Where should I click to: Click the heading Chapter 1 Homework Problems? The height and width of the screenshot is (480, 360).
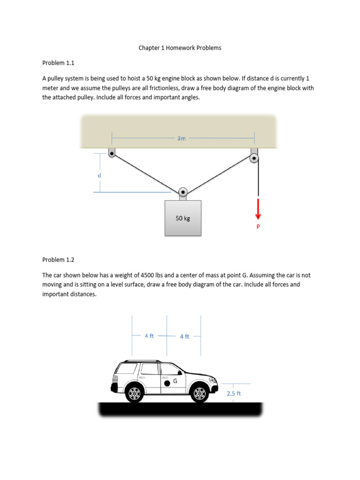(x=180, y=48)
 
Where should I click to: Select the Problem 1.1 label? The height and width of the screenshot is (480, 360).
(x=59, y=62)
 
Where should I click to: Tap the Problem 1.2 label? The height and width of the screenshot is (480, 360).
(x=59, y=259)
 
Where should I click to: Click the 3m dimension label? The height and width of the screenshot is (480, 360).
(x=181, y=138)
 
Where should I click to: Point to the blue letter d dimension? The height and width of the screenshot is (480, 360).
(x=99, y=175)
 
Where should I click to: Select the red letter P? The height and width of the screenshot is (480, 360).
(x=258, y=226)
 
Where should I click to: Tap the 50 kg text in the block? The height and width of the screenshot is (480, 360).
(x=183, y=218)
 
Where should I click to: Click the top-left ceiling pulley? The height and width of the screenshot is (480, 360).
(x=112, y=152)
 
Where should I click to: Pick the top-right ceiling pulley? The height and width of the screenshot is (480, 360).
(x=254, y=157)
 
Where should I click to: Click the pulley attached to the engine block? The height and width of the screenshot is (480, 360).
(x=183, y=192)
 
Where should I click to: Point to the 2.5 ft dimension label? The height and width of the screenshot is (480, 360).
(x=233, y=394)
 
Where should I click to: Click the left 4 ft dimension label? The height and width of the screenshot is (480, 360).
(x=149, y=336)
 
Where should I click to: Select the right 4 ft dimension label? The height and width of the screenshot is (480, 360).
(x=184, y=337)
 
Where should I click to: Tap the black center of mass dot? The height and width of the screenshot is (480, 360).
(x=167, y=383)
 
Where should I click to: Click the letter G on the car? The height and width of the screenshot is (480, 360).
(x=175, y=381)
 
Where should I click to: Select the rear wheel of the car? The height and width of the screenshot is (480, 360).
(x=135, y=393)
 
